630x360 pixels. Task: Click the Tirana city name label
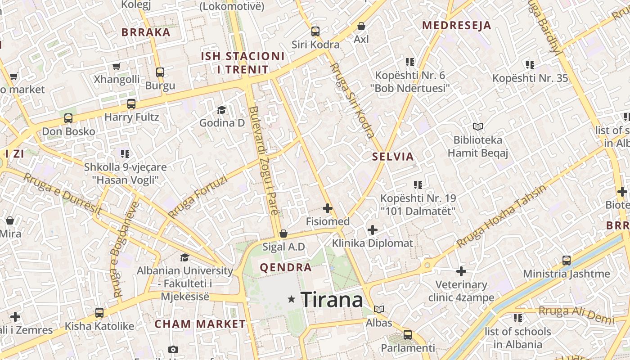point(332,300)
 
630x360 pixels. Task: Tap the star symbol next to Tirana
point(292,299)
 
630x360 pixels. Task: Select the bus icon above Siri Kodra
point(315,31)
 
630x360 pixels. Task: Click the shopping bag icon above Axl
point(361,27)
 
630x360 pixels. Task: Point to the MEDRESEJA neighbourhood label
point(456,26)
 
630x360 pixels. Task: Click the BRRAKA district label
point(146,32)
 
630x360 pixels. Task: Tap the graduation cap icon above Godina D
point(221,110)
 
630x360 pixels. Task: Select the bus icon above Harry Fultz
point(131,104)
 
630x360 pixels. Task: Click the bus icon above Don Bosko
point(68,118)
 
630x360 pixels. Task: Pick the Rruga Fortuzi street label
point(198,197)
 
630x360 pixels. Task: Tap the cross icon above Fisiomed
point(328,208)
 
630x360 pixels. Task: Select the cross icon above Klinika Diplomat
point(373,230)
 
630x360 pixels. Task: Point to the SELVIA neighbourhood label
point(393,157)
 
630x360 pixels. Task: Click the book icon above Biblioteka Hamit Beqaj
point(477,127)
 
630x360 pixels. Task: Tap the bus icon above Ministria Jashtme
point(567,260)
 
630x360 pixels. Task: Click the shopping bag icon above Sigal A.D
point(283,234)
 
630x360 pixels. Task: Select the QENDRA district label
point(286,268)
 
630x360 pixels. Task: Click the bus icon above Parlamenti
point(408,334)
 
